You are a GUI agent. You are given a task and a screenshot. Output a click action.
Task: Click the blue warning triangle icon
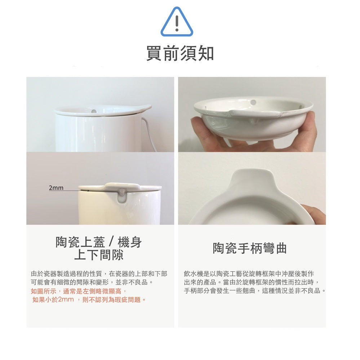[177, 22]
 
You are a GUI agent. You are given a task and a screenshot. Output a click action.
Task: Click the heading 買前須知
[180, 53]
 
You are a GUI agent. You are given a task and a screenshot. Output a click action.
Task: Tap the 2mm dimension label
[56, 188]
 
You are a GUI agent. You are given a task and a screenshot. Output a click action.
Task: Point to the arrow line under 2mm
[69, 191]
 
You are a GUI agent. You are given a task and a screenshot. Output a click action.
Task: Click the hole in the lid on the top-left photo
[94, 111]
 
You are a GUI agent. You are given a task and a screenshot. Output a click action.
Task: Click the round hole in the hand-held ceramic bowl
[253, 102]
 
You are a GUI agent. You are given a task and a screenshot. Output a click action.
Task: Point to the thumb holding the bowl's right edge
[311, 129]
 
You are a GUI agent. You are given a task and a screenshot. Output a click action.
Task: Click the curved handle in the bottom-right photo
[253, 181]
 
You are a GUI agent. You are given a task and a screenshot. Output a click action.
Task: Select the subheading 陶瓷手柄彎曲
[250, 248]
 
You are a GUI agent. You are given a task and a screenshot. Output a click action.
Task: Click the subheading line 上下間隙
[99, 255]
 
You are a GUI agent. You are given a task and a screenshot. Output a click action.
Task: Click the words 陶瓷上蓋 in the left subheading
[80, 242]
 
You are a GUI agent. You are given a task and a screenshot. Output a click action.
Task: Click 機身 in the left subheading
[130, 242]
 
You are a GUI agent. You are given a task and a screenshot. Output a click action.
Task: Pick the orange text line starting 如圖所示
[79, 292]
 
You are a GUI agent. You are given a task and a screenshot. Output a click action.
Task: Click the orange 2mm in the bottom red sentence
[66, 299]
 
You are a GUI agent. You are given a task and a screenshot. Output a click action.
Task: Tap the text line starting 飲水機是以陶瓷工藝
[249, 274]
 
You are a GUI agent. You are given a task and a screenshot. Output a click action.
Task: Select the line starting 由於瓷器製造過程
[99, 274]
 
